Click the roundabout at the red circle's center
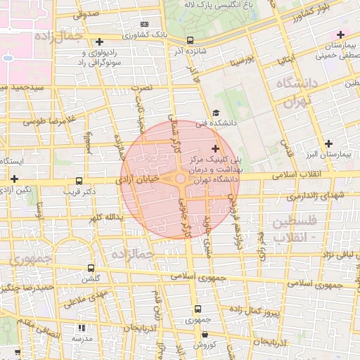click(181, 180)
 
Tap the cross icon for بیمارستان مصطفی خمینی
click(341, 34)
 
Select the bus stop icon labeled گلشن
click(91, 268)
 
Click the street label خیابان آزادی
click(143, 181)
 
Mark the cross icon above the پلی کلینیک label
click(215, 148)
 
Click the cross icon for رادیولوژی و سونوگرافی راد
click(99, 42)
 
